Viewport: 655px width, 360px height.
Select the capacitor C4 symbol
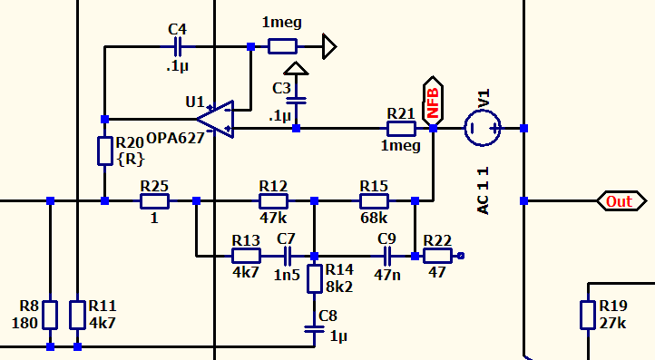[x=178, y=47]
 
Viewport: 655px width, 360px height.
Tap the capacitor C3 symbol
[x=296, y=101]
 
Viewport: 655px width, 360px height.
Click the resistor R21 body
[x=401, y=129]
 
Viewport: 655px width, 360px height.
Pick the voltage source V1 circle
[x=483, y=128]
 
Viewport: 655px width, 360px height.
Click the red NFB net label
[x=433, y=102]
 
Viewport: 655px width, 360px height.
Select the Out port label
[x=621, y=201]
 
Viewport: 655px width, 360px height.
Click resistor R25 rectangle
[x=154, y=201]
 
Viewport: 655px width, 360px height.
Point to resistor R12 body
[x=273, y=201]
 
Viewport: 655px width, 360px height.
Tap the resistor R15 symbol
[x=375, y=201]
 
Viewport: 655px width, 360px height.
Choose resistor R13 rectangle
[x=246, y=256]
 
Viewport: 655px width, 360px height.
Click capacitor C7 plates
[x=288, y=256]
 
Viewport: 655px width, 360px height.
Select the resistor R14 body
[x=315, y=278]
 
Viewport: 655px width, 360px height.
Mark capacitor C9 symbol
[x=387, y=256]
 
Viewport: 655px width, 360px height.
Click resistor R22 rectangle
[x=437, y=256]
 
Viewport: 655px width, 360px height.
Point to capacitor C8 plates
[x=315, y=329]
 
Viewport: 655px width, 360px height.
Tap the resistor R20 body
[x=105, y=151]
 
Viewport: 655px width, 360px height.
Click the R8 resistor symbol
[x=50, y=315]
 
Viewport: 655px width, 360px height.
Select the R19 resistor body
[x=588, y=315]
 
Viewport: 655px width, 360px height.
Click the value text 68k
[x=374, y=218]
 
